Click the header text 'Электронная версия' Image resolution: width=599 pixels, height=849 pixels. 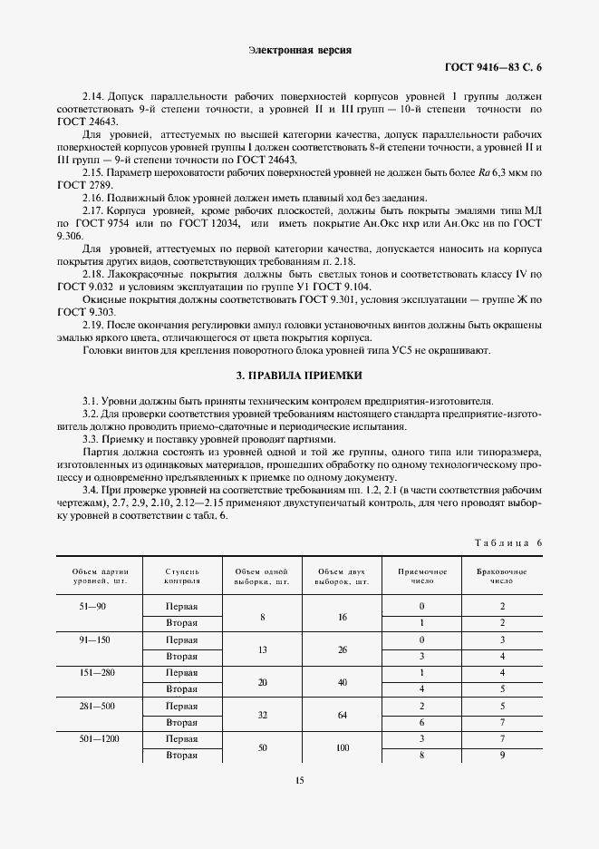point(299,51)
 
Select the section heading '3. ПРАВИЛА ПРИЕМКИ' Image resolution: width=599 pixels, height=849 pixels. point(299,374)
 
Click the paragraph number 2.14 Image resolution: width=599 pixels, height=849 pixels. point(94,96)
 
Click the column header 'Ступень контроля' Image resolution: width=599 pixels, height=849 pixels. point(182,577)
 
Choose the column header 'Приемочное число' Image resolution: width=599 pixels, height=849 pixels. point(423,577)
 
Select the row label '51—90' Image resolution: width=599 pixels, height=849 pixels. point(94,605)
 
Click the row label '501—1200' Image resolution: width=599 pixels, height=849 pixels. point(94,739)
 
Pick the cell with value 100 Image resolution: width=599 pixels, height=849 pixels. point(343,747)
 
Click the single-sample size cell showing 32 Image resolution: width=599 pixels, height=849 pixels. point(261,714)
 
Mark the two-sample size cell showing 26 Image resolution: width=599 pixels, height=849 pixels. point(343,649)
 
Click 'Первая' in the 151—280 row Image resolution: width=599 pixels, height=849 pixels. point(182,673)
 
